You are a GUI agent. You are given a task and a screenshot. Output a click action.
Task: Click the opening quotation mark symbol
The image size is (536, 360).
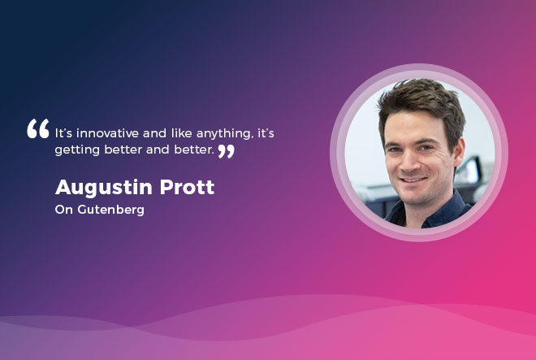[x=38, y=128]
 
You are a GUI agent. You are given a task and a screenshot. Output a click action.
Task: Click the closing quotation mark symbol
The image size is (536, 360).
[x=227, y=151]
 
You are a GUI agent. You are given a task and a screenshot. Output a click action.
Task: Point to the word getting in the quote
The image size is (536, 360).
[x=77, y=150]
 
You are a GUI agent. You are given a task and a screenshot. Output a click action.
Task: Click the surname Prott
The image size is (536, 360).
[x=187, y=187]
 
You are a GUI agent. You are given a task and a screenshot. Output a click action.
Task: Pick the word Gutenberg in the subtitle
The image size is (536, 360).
[x=110, y=210]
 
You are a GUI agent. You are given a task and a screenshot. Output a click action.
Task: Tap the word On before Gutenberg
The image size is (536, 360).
[x=64, y=210]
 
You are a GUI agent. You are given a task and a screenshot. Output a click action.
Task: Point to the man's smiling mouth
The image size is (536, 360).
[x=413, y=180]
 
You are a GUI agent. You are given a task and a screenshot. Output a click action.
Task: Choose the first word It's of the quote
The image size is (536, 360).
[x=63, y=133]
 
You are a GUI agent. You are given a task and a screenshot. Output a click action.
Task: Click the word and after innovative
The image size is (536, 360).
[x=155, y=132]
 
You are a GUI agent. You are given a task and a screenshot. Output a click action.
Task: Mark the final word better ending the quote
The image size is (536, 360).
[x=194, y=150]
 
